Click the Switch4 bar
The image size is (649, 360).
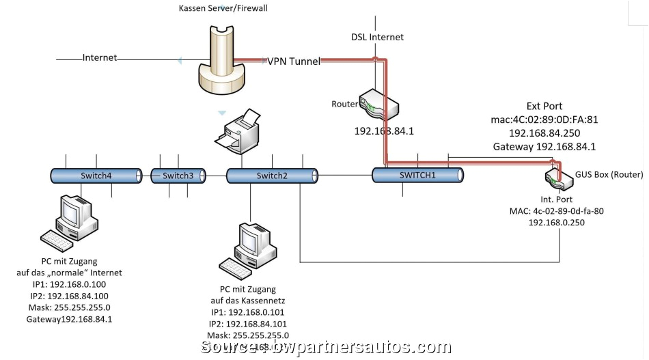tap(96, 176)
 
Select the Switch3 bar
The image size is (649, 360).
tap(178, 176)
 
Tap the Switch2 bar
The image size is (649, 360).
tap(272, 176)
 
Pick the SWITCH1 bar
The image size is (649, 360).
tap(417, 175)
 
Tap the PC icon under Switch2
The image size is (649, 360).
tap(246, 249)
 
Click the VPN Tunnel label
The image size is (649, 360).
tap(293, 61)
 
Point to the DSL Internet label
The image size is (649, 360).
tap(377, 37)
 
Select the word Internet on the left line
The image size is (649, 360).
tap(100, 58)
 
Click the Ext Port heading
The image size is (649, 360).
tap(544, 106)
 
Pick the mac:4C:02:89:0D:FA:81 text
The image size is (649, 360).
tap(544, 120)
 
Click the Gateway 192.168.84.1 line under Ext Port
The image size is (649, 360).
tap(544, 146)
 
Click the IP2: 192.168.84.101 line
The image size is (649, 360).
tap(249, 323)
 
